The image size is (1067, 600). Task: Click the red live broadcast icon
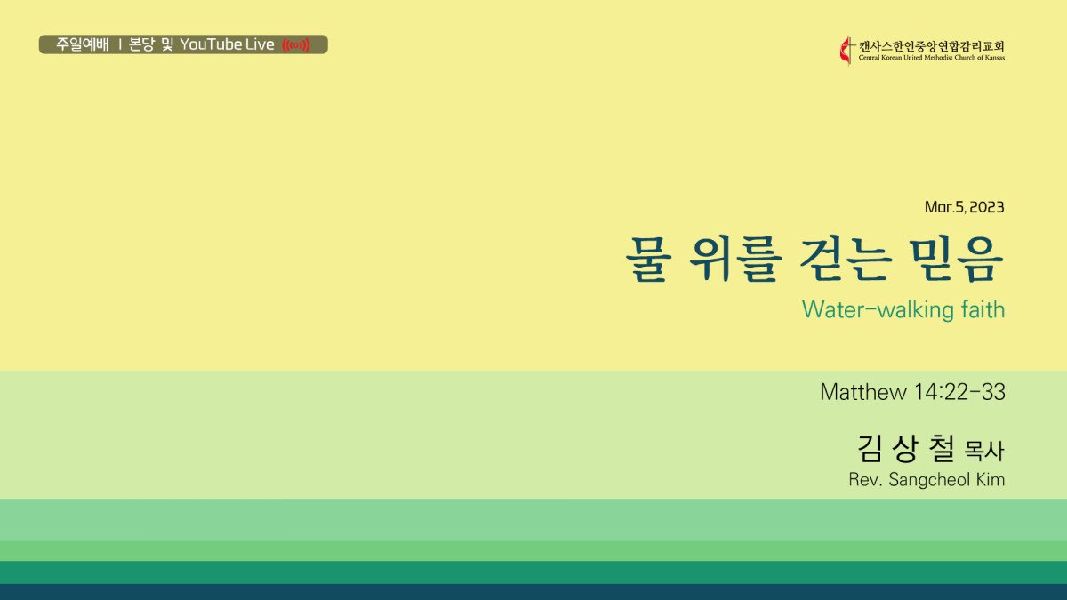pos(296,45)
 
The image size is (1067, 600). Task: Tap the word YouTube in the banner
pos(211,44)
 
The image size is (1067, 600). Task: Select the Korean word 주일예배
pos(83,44)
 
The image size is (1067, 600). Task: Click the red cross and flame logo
pos(846,51)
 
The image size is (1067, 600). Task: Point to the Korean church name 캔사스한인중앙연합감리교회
pos(931,46)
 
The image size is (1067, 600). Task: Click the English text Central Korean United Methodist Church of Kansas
pos(931,58)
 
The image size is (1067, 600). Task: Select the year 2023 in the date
pos(986,207)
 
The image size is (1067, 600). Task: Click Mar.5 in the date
pos(944,207)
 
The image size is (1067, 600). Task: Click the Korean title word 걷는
pos(845,260)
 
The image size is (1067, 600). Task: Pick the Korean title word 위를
pos(736,260)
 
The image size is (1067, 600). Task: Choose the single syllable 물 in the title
pos(648,260)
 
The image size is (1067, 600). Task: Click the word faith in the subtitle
pos(983,309)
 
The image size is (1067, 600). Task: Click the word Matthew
pos(863,392)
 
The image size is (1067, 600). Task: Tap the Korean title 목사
pos(984,451)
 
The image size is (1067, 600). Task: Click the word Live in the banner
pos(260,44)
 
